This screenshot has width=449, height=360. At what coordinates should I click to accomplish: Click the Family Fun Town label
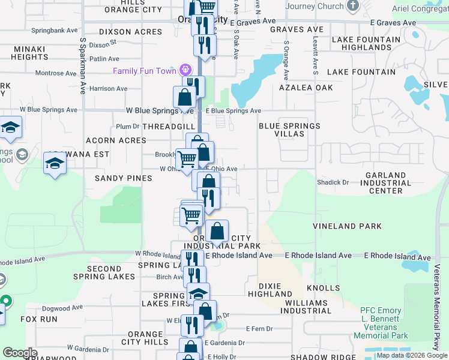pos(145,71)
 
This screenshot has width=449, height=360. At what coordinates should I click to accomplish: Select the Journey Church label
pos(315,7)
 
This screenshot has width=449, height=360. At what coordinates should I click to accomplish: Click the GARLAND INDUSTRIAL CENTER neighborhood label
pos(386,183)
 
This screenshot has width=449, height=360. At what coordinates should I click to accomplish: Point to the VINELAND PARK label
pos(347,226)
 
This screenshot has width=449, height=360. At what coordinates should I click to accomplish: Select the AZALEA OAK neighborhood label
pos(306,88)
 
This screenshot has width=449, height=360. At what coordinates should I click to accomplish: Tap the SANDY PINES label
pos(122,178)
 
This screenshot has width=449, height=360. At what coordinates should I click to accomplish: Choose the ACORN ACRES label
pos(116,140)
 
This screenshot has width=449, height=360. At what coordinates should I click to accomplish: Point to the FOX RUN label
pos(39,319)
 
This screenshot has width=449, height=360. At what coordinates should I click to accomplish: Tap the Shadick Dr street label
pos(333,182)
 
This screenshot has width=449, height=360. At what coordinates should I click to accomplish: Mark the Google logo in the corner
pos(19,353)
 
